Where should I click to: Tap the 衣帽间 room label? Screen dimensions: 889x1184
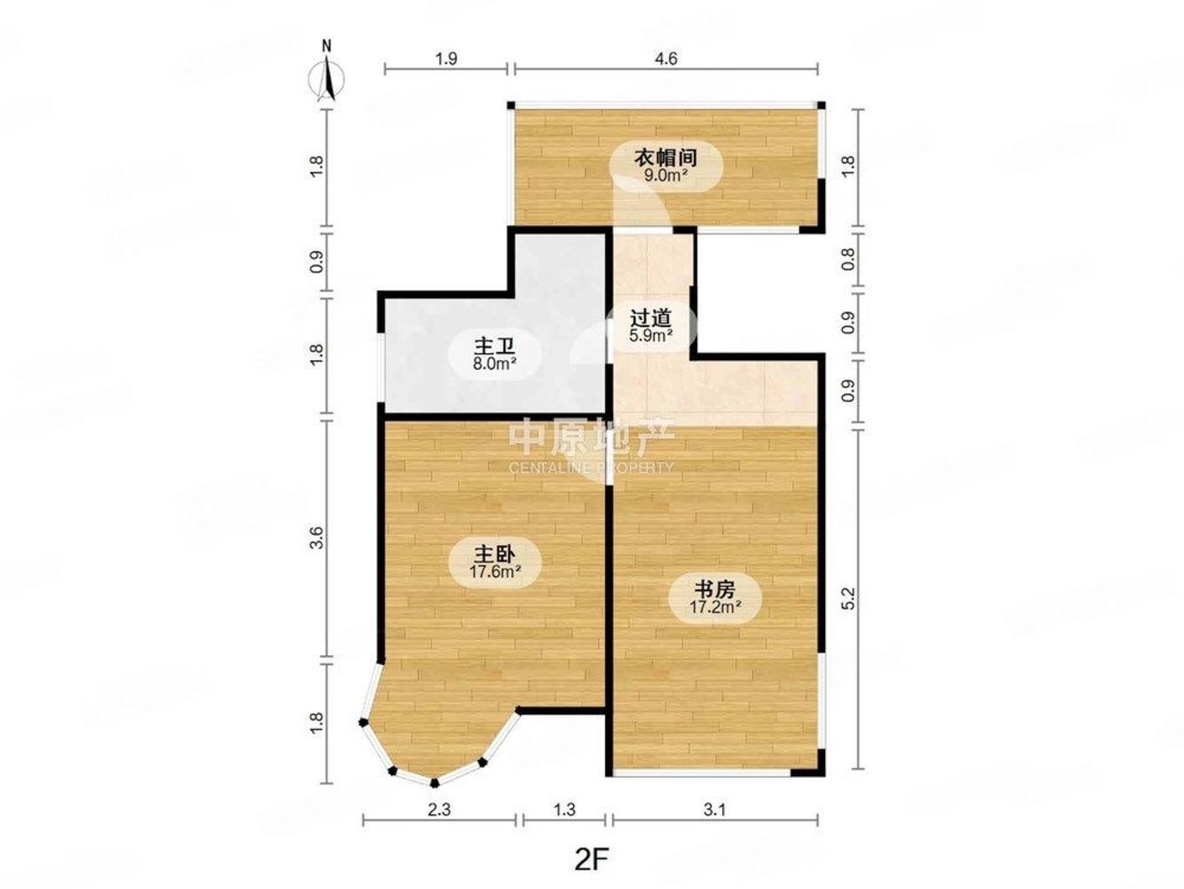[664, 157]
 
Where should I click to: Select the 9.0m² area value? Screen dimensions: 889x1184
[665, 175]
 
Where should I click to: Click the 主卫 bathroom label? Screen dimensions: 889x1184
[495, 344]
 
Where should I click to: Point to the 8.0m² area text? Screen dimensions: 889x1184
[495, 363]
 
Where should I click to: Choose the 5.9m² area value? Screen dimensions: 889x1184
[650, 336]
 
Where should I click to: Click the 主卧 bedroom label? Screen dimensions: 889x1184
[495, 554]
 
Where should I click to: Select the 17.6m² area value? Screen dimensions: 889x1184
[495, 573]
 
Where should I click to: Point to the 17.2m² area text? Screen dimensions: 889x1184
[715, 608]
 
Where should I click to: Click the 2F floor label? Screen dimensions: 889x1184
[593, 860]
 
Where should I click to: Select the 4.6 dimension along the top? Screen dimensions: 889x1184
[665, 60]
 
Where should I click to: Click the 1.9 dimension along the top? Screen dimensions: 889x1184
[446, 60]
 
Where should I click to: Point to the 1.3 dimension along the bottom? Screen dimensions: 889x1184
[564, 810]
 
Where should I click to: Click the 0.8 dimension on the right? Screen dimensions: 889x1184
[848, 260]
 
